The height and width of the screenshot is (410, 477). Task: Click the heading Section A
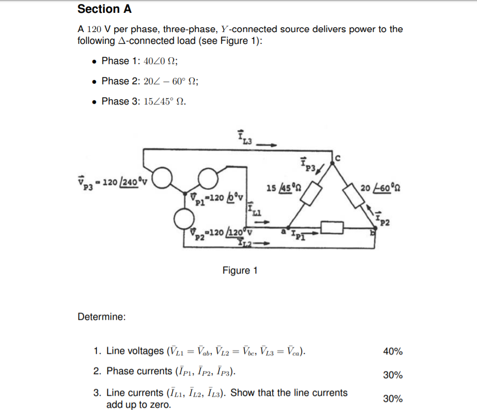pyautogui.click(x=104, y=9)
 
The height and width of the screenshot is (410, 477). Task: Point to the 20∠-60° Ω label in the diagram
pyautogui.click(x=379, y=187)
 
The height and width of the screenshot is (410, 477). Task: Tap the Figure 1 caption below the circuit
pyautogui.click(x=240, y=271)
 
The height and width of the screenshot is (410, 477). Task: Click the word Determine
pyautogui.click(x=101, y=317)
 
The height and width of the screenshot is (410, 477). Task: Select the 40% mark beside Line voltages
pyautogui.click(x=392, y=351)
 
